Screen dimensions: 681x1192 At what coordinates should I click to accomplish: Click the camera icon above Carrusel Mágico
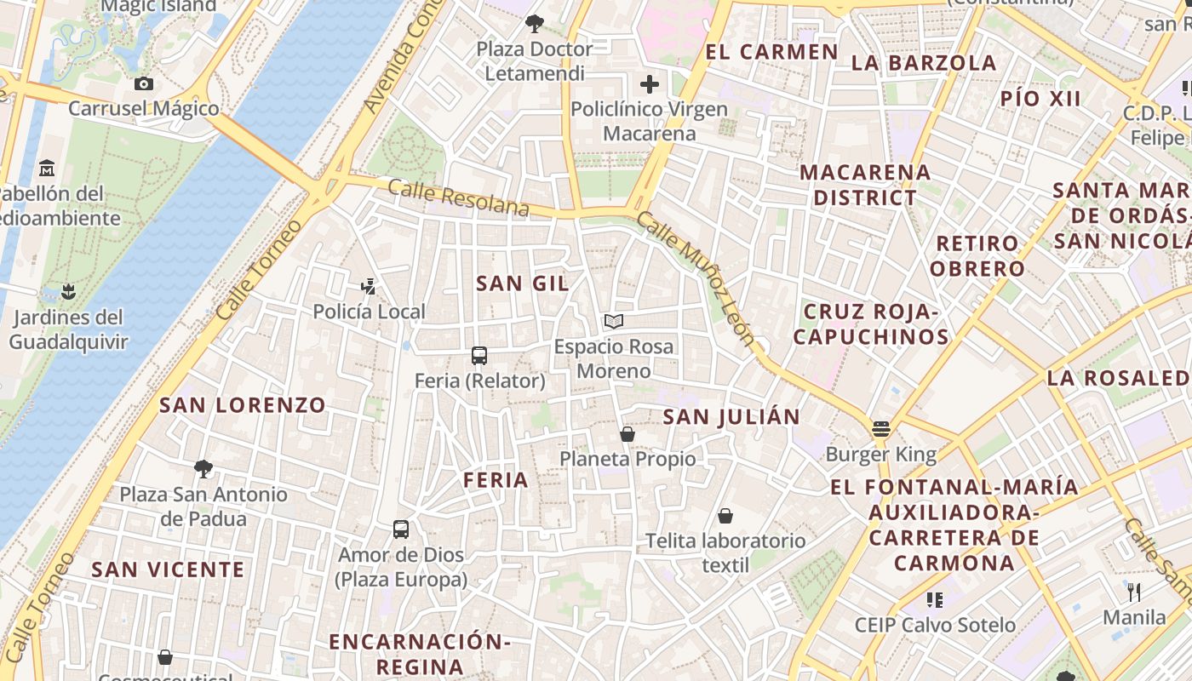144,83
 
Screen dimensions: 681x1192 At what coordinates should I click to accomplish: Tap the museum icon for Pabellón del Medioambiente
47,167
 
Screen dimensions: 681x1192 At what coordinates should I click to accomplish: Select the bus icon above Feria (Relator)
479,355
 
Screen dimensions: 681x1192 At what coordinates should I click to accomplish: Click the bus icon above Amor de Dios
401,529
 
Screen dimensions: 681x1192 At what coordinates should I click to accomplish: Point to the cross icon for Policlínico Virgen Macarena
650,83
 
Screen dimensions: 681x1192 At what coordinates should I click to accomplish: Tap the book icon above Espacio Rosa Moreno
613,321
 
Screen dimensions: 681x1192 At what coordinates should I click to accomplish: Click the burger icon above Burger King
880,428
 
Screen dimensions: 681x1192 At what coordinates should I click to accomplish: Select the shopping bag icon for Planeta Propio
628,434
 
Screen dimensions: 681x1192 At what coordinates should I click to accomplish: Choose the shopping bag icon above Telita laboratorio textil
725,516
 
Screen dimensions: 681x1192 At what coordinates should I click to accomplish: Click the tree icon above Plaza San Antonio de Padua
203,468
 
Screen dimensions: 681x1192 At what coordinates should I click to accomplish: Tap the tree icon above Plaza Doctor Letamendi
534,23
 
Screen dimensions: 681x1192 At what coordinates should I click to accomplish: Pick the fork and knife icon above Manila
1134,592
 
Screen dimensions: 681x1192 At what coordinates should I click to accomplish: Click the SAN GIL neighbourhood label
522,283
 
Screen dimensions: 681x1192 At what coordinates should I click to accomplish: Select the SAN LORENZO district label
243,405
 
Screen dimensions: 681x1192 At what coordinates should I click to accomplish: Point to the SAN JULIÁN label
731,417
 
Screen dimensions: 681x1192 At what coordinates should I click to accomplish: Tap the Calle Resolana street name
458,197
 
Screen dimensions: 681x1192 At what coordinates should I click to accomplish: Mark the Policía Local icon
369,286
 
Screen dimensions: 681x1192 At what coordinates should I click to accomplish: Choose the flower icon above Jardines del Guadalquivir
68,292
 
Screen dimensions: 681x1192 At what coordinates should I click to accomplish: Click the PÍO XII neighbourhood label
1040,99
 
